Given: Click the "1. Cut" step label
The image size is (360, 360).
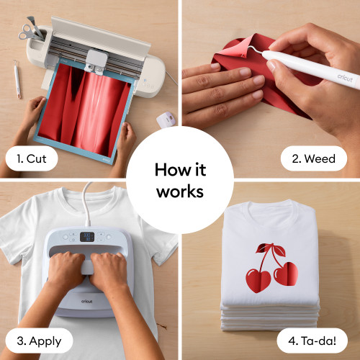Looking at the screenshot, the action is (32, 158).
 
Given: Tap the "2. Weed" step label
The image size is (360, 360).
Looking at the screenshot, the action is (314, 158).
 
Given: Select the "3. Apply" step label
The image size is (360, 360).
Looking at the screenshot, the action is (39, 341).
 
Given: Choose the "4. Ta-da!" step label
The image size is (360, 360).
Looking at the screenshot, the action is (312, 341).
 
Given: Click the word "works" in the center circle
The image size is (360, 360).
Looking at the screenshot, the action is (180, 192).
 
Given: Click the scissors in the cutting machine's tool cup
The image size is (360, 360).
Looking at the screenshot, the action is (27, 32).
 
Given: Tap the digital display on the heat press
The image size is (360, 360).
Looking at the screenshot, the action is (87, 237).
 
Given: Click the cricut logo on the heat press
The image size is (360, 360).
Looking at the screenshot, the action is (86, 301).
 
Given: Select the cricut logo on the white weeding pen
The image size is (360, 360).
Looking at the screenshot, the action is (345, 78).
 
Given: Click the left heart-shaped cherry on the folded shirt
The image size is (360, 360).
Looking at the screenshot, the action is (258, 280).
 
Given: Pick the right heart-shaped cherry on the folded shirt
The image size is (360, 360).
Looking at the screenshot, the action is (286, 274).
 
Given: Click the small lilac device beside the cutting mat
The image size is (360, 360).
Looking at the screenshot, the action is (166, 119).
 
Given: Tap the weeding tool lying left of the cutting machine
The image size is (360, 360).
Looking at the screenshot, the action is (17, 79).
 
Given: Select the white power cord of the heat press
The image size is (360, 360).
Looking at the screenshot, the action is (86, 204).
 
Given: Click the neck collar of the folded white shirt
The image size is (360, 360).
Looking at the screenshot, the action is (271, 207).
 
